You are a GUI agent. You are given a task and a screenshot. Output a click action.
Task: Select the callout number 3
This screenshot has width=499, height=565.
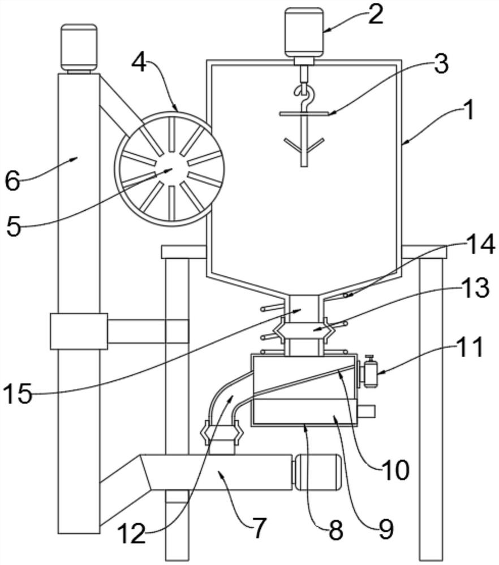point(440,64)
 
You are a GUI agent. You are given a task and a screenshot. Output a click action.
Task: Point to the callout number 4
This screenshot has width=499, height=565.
point(139,64)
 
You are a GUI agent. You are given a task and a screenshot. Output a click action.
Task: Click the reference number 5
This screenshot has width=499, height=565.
point(14,227)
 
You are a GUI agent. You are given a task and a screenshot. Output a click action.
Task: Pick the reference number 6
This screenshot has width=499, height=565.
point(12,181)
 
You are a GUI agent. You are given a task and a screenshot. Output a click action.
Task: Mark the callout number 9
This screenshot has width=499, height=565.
point(385,529)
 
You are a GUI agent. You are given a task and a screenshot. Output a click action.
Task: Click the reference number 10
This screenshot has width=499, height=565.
point(395,471)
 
